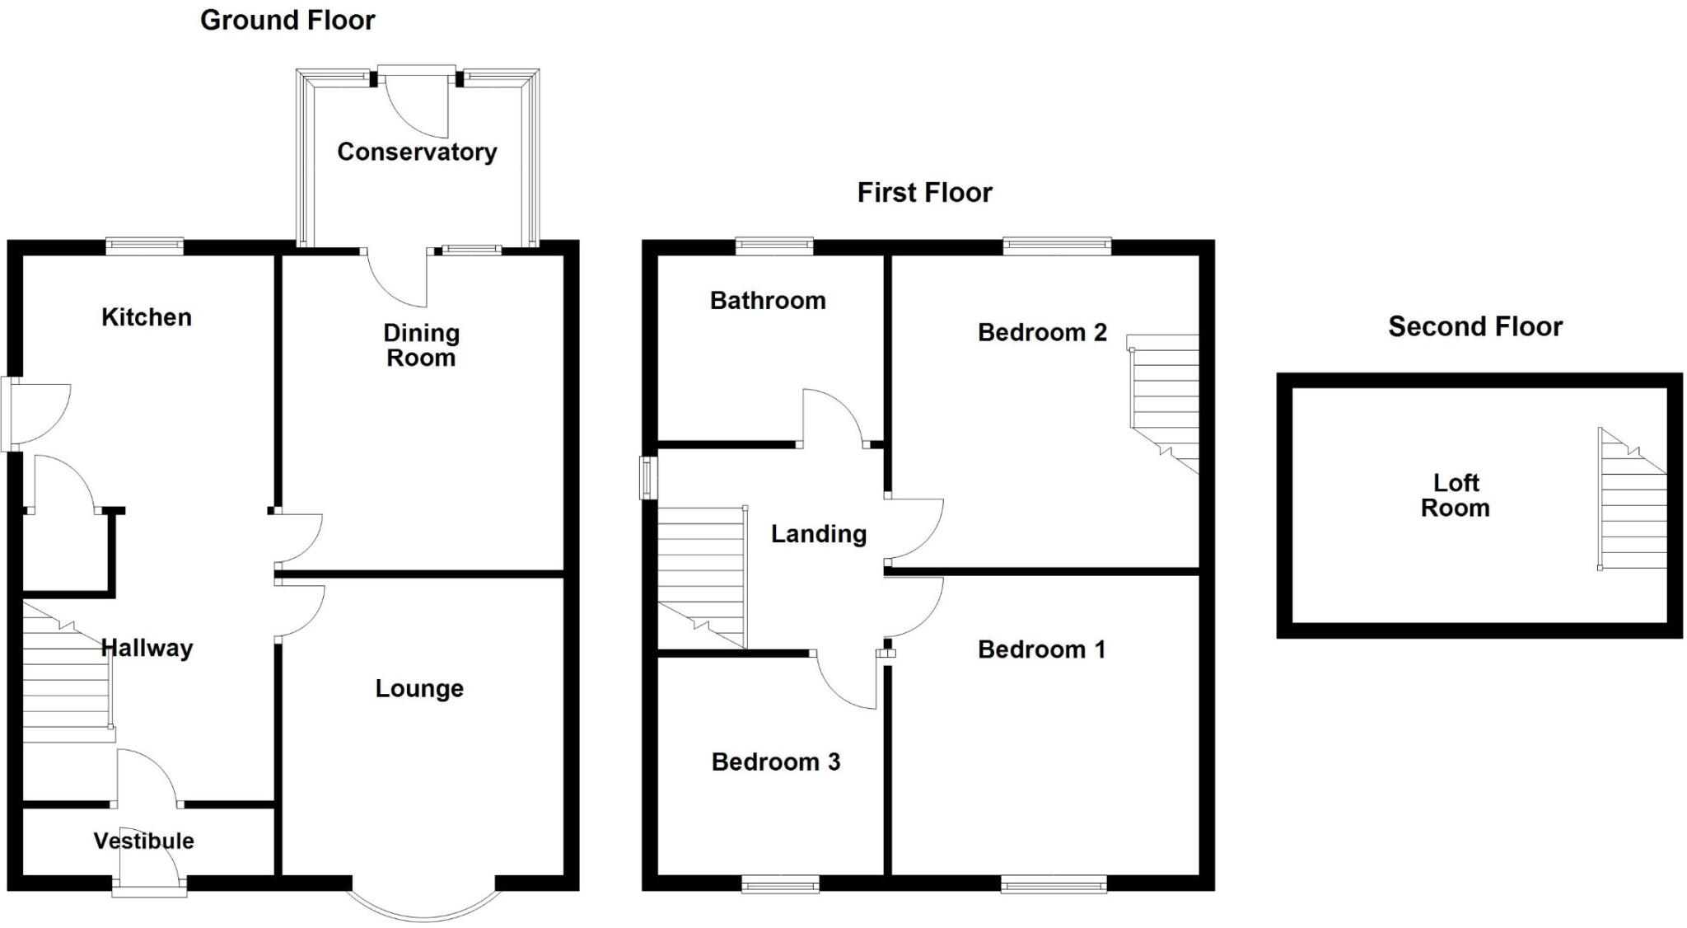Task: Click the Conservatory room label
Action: (x=417, y=152)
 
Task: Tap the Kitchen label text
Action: (x=146, y=317)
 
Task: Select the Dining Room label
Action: (x=421, y=345)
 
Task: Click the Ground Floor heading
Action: (x=287, y=20)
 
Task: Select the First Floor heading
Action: (x=924, y=193)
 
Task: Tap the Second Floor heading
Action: (x=1474, y=326)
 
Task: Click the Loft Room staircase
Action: (x=1631, y=507)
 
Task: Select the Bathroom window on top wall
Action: (x=774, y=245)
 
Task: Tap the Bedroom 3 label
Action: (x=775, y=762)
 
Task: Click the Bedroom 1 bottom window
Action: (x=1054, y=886)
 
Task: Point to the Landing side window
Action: (x=648, y=478)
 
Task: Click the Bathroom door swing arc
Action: (x=832, y=416)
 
